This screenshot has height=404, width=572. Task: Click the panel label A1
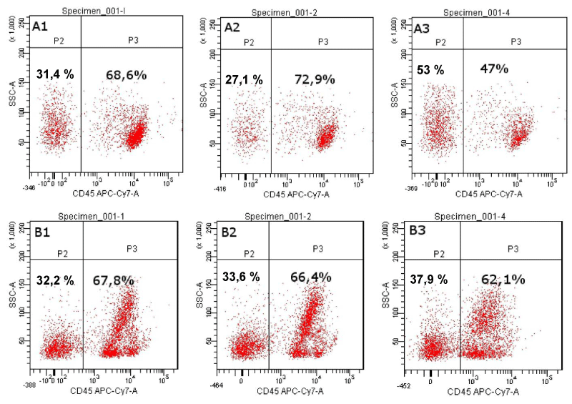click(41, 26)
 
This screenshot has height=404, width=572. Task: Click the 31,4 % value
click(55, 74)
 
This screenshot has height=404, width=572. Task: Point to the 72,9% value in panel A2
click(315, 79)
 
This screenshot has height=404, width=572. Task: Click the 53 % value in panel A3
click(430, 69)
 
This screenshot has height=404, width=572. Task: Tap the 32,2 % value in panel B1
click(55, 280)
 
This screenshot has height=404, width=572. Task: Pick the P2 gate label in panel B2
click(249, 253)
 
